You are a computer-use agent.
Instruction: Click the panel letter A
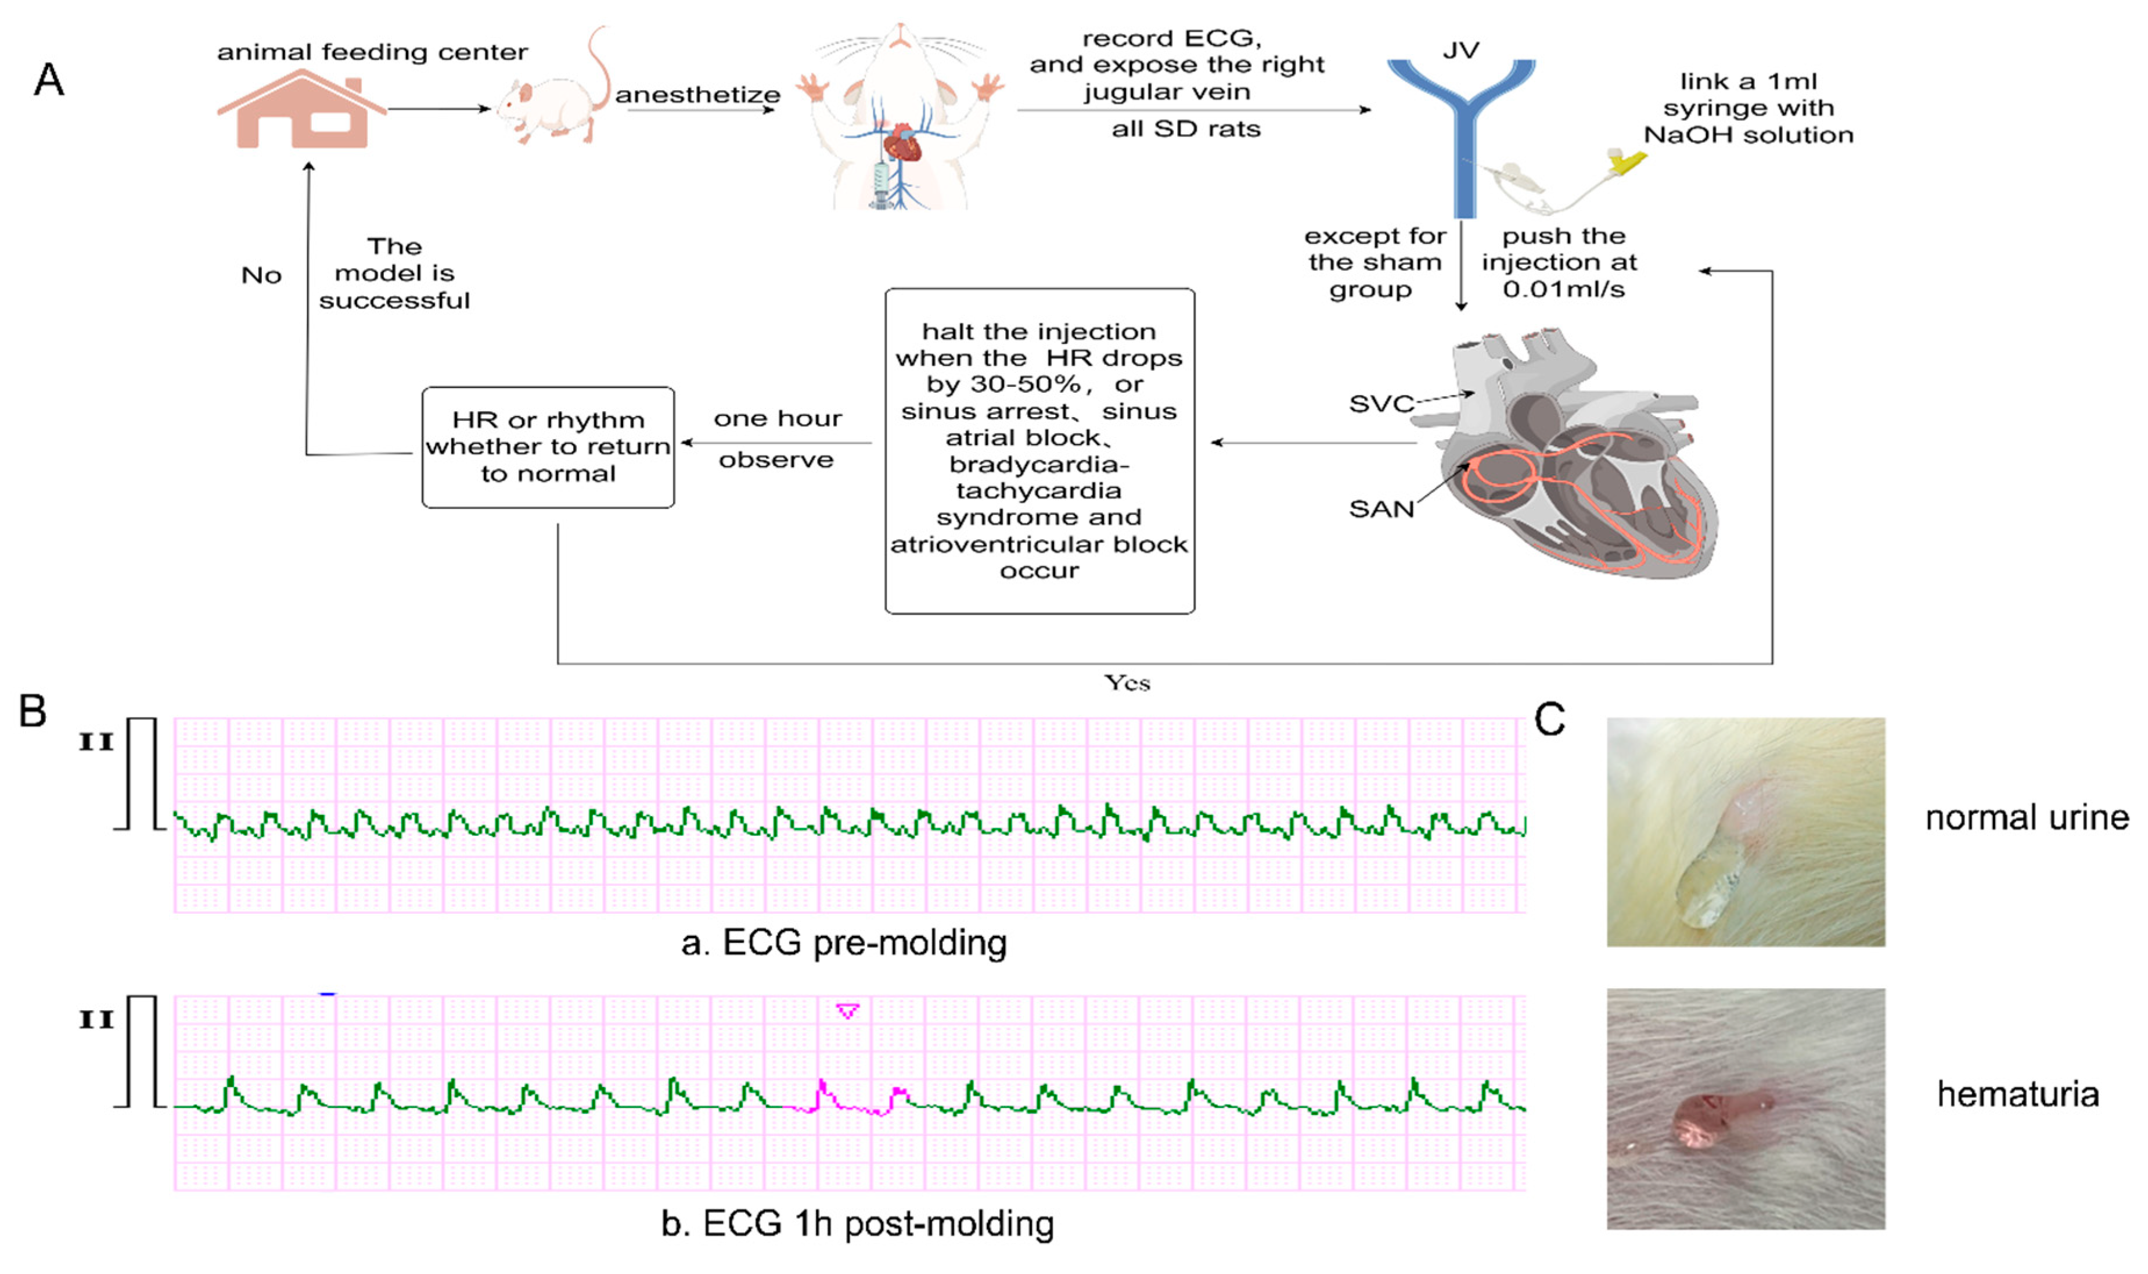[x=49, y=80]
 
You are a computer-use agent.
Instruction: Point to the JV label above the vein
[x=1460, y=51]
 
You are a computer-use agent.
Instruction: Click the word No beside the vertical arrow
[x=261, y=275]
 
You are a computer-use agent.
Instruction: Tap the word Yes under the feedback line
[x=1127, y=683]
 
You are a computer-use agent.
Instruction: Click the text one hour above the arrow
[x=778, y=419]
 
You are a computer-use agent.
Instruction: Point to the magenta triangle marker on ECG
[x=848, y=1011]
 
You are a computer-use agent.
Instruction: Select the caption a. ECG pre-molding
[x=844, y=943]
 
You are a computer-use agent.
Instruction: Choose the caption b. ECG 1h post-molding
[x=857, y=1224]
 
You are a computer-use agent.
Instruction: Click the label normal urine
[x=2027, y=818]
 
